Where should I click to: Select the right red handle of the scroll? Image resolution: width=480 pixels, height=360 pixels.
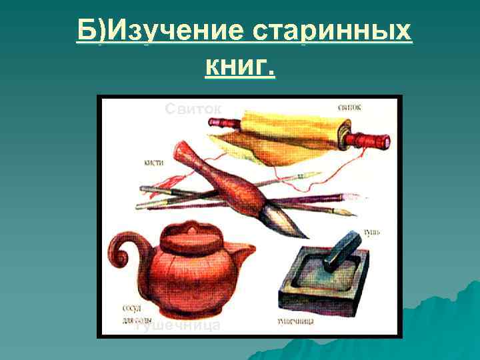pyautogui.click(x=374, y=141)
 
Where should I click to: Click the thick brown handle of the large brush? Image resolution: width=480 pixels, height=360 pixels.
pyautogui.click(x=227, y=180)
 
